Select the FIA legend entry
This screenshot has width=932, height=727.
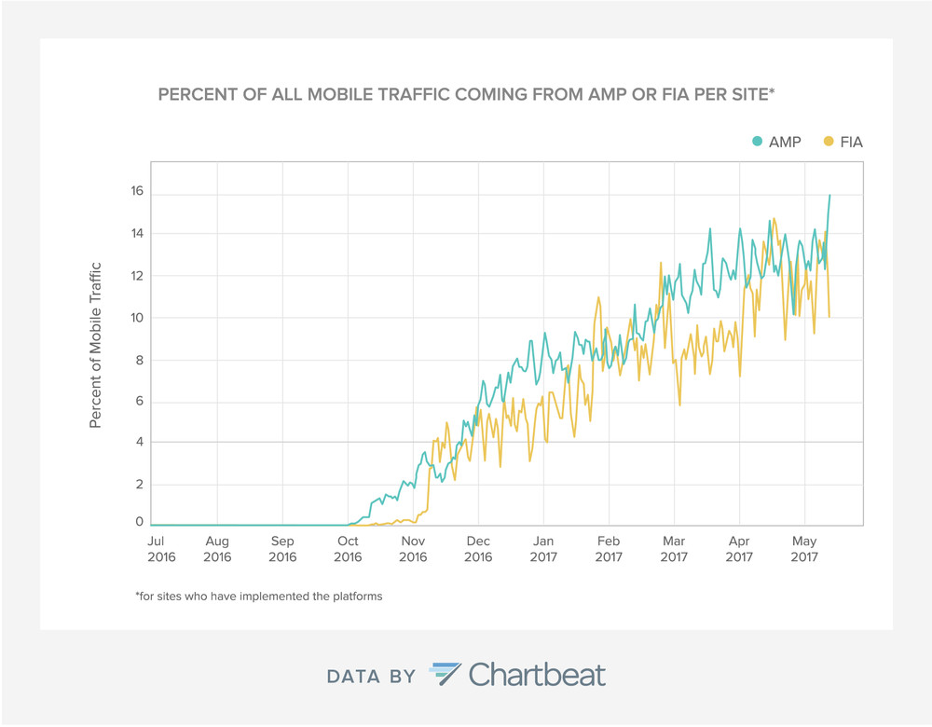pyautogui.click(x=843, y=142)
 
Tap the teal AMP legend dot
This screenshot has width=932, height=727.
pyautogui.click(x=757, y=142)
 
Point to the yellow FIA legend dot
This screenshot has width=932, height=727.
pyautogui.click(x=829, y=142)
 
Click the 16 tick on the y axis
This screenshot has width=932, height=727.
pyautogui.click(x=137, y=191)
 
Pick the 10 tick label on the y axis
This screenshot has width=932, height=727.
pyautogui.click(x=137, y=318)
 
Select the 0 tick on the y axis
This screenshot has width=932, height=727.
pyautogui.click(x=140, y=521)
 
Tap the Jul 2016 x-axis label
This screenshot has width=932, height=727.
pyautogui.click(x=161, y=549)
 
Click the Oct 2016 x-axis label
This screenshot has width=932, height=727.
pyautogui.click(x=348, y=549)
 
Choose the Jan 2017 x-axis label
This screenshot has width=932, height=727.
pyautogui.click(x=543, y=549)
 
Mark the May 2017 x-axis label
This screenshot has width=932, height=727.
pyautogui.click(x=804, y=549)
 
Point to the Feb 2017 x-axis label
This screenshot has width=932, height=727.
pyautogui.click(x=609, y=549)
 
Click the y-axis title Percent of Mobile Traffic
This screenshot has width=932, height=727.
pyautogui.click(x=96, y=346)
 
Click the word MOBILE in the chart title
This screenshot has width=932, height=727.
pyautogui.click(x=338, y=94)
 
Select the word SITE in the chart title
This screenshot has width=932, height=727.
pyautogui.click(x=749, y=94)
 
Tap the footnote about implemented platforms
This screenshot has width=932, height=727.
pyautogui.click(x=259, y=597)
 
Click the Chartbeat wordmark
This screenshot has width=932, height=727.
pyautogui.click(x=538, y=676)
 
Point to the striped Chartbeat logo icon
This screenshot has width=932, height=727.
pyautogui.click(x=445, y=674)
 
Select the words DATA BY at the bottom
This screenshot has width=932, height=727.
pyautogui.click(x=371, y=677)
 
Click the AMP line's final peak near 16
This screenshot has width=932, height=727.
pyautogui.click(x=829, y=195)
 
